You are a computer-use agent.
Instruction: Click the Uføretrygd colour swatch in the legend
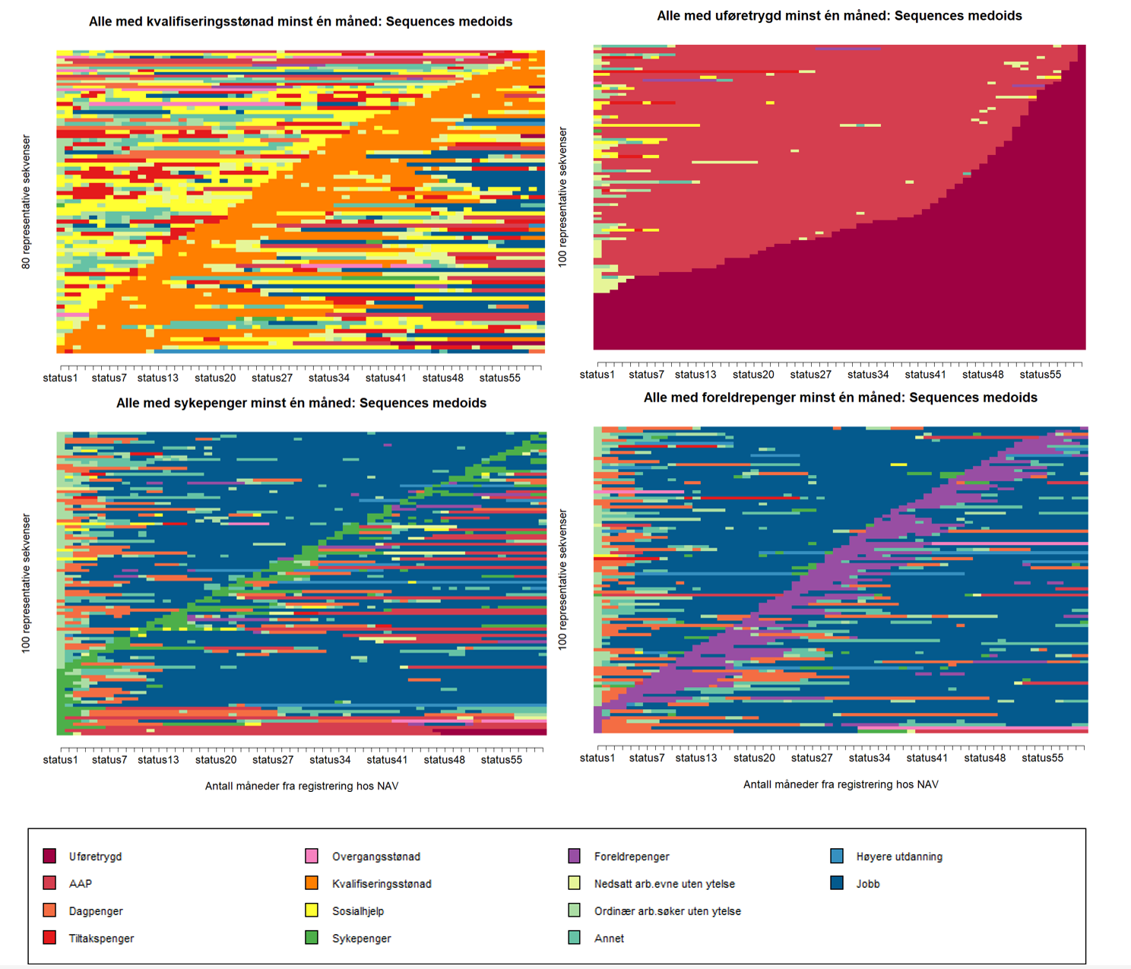pyautogui.click(x=50, y=857)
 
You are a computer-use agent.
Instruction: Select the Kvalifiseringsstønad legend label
pyautogui.click(x=382, y=884)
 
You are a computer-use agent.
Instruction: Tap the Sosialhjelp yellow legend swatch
pyautogui.click(x=312, y=910)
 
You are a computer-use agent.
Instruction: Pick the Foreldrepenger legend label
pyautogui.click(x=632, y=857)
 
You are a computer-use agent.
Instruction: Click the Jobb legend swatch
pyautogui.click(x=837, y=883)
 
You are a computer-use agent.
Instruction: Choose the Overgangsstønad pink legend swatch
pyautogui.click(x=312, y=857)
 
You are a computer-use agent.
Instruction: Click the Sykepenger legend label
pyautogui.click(x=361, y=939)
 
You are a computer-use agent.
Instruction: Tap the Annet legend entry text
pyautogui.click(x=609, y=939)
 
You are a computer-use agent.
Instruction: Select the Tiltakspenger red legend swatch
pyautogui.click(x=50, y=938)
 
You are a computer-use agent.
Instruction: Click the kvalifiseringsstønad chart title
pyautogui.click(x=300, y=21)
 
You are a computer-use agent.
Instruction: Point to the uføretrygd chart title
pyautogui.click(x=839, y=15)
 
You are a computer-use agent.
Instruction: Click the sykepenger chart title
pyautogui.click(x=301, y=403)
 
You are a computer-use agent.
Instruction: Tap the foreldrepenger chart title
pyautogui.click(x=840, y=397)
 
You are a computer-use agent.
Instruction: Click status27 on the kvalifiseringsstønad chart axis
pyautogui.click(x=272, y=378)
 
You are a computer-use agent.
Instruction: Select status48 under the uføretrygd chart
pyautogui.click(x=983, y=374)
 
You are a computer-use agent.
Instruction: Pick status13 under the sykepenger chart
pyautogui.click(x=158, y=759)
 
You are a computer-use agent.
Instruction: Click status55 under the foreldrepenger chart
pyautogui.click(x=1042, y=758)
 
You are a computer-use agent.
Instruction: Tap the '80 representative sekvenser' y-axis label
pyautogui.click(x=26, y=202)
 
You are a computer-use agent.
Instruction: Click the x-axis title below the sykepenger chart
pyautogui.click(x=301, y=786)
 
